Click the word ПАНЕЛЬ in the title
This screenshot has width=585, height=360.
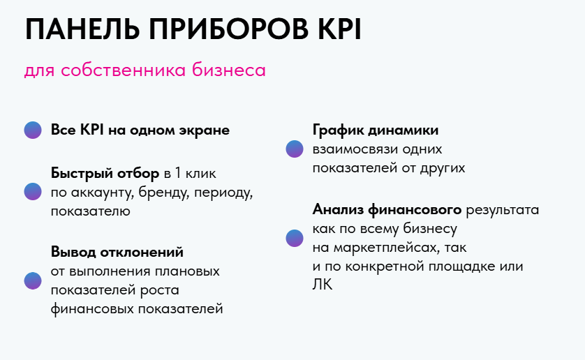[x=82, y=29]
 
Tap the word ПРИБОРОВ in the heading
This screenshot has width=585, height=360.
[x=229, y=29]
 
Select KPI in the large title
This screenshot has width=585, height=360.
[x=339, y=29]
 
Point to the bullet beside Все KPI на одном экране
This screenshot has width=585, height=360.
[x=33, y=130]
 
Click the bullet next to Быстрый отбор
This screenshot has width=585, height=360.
[x=33, y=191]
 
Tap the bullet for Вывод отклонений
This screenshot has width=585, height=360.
[x=33, y=280]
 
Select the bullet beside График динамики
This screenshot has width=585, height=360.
[x=295, y=149]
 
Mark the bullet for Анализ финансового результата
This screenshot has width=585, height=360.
[x=295, y=238]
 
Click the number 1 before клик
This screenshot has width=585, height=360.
[x=177, y=173]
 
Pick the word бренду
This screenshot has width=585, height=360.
[x=164, y=193]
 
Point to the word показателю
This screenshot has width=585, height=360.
[x=91, y=211]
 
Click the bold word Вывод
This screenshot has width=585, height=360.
[x=73, y=252]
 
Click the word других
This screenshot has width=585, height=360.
[x=443, y=169]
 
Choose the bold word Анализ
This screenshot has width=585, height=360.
[x=338, y=210]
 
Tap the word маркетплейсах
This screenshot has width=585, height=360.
[x=387, y=248]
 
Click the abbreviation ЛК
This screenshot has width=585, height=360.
[x=322, y=285]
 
